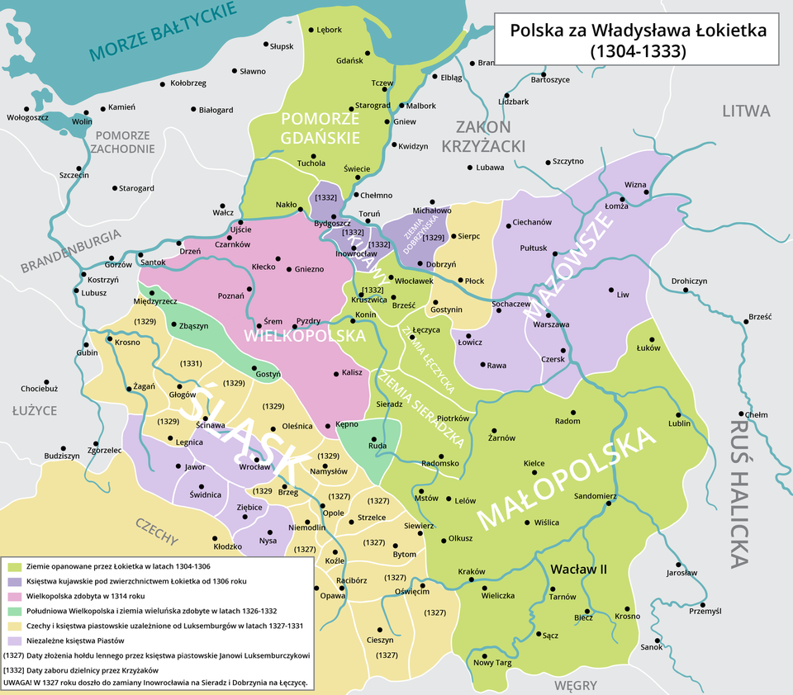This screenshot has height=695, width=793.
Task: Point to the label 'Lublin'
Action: (x=680, y=424)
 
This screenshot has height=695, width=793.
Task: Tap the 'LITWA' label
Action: (x=745, y=111)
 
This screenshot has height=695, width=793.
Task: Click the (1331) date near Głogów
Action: (x=192, y=364)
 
